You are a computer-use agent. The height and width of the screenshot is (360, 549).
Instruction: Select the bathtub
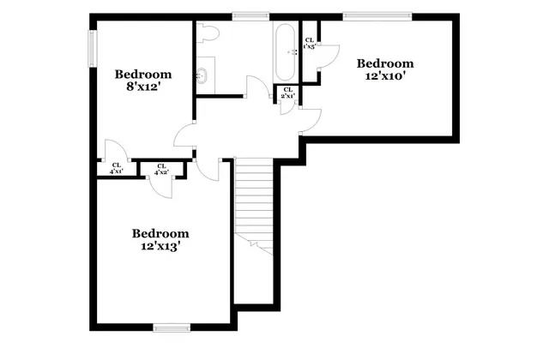pos(285,51)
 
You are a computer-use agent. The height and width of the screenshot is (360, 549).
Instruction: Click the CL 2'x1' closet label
pos(287,93)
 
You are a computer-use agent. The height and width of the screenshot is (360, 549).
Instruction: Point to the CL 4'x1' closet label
pos(115,169)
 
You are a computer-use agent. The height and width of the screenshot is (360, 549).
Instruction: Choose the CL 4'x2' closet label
pos(160,169)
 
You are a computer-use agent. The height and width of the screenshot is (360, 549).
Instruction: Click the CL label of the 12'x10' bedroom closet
pos(310,43)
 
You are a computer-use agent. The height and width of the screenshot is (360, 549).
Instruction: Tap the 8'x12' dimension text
pos(144,87)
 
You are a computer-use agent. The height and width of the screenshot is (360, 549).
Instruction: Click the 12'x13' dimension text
pos(160,246)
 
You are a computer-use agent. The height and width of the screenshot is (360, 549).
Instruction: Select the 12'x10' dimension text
pos(385,75)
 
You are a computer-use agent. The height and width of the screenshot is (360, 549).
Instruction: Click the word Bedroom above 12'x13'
pos(160,233)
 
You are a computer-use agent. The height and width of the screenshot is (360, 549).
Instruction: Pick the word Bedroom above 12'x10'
pos(385,63)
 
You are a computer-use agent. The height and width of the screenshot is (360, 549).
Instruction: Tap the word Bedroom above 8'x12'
pos(144,74)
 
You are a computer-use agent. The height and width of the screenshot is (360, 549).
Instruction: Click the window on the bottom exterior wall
pos(171,327)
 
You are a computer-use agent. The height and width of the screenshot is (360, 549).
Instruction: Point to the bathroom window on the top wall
pos(250,15)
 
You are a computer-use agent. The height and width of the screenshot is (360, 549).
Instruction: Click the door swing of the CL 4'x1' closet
pos(116,150)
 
